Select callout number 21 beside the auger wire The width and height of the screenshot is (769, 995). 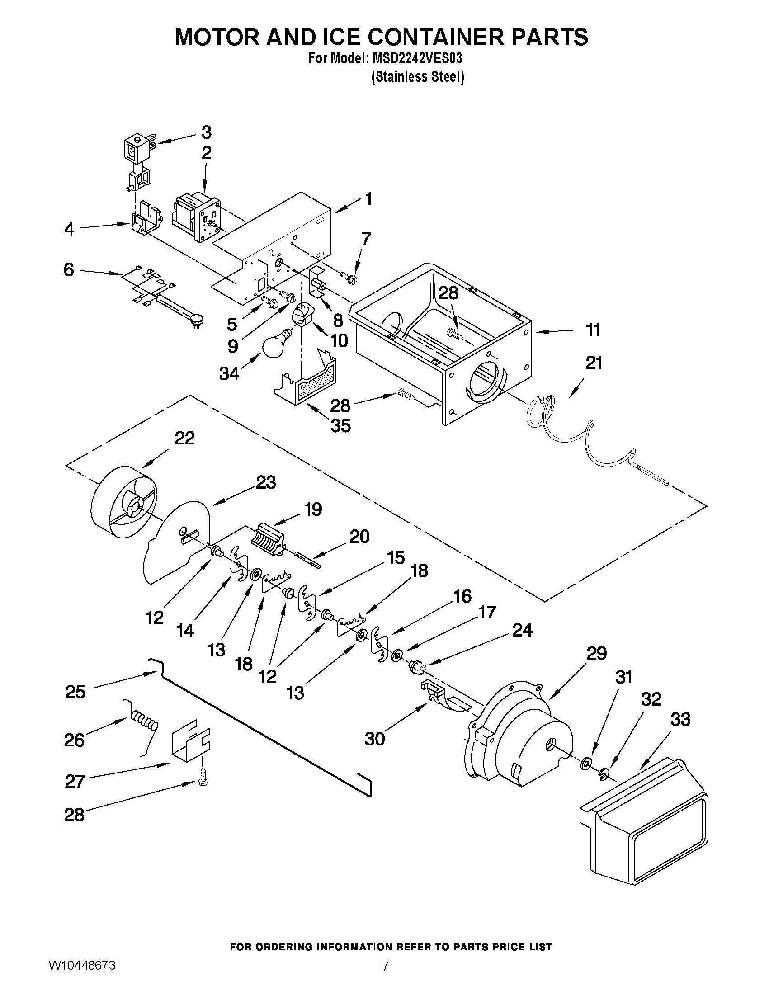[x=594, y=363]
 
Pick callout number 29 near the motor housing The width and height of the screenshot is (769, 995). [x=596, y=654]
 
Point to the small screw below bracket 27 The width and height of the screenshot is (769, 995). [x=202, y=782]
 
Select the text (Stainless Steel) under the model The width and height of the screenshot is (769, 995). [x=418, y=77]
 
